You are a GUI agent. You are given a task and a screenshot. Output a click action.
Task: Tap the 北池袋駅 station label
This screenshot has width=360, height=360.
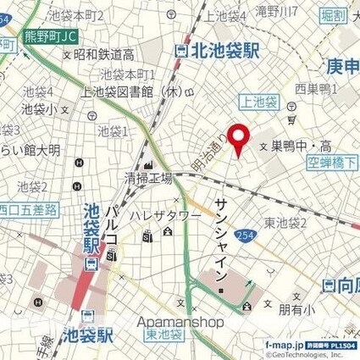tap(219, 50)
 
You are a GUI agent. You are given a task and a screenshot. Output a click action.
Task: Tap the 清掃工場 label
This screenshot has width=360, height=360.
tap(148, 179)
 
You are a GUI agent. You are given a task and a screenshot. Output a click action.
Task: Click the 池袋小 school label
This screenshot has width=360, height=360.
tap(40, 108)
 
